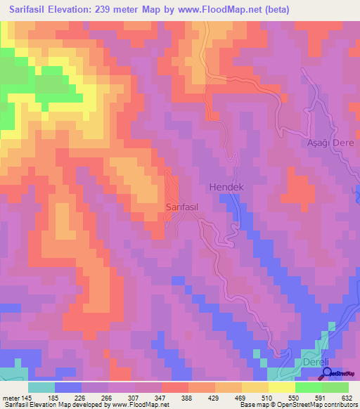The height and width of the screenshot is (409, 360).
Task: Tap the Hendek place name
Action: click(225, 188)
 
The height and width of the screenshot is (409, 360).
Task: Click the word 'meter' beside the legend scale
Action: click(12, 398)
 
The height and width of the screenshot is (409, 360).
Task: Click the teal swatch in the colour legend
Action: click(41, 387)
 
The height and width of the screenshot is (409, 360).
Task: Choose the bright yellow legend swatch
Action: click(282, 387)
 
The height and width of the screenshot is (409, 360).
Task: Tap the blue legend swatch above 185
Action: click(68, 387)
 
